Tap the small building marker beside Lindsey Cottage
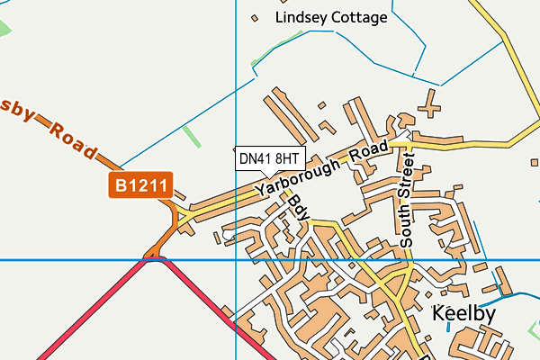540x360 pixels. coord(255,17)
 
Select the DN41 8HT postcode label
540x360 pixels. coord(269,158)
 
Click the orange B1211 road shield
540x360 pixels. coord(140,186)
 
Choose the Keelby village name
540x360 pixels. coord(464,314)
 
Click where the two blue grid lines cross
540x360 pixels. coord(235,259)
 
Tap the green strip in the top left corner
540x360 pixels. coord(4,28)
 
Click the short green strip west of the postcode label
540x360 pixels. coord(191,136)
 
